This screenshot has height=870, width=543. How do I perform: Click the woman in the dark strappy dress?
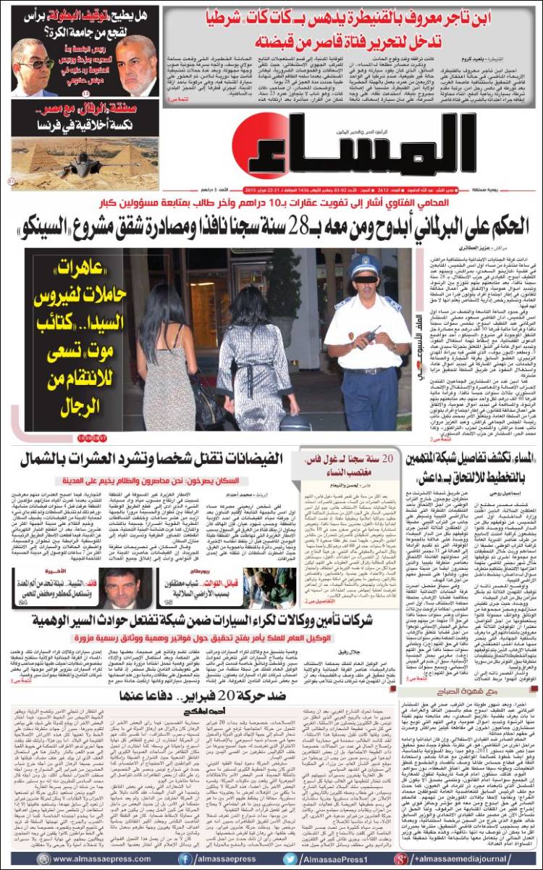tap(171, 355)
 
